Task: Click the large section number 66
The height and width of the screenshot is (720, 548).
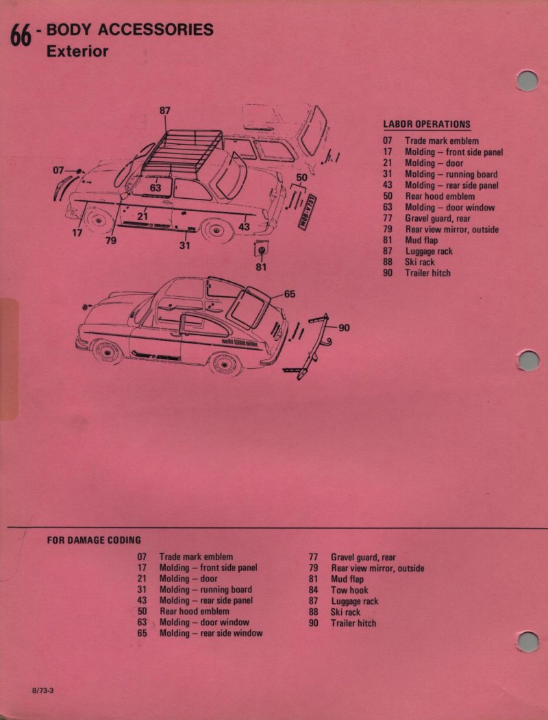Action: pos(21,37)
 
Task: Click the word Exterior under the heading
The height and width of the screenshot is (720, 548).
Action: pos(77,51)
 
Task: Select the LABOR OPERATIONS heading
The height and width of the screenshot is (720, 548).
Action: pos(427,124)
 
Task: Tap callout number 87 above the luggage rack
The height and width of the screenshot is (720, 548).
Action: pos(165,110)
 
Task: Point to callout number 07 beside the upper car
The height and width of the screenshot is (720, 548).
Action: pos(58,170)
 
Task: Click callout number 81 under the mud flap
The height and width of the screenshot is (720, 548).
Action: pos(261,267)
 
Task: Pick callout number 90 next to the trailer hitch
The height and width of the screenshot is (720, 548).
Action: pos(345,327)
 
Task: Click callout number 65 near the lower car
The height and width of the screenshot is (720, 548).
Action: pos(290,294)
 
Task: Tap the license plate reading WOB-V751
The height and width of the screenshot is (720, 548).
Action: pos(308,212)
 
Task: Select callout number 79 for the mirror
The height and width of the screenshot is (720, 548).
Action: pos(111,240)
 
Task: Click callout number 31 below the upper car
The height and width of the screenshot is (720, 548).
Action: pos(184,245)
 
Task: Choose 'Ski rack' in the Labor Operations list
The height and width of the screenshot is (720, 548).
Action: pos(420,262)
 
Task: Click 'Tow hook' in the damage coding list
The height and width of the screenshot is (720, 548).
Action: pos(349,590)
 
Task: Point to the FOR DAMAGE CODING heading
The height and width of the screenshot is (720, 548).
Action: pos(94,540)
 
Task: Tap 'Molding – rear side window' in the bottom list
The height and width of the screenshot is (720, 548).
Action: pos(211,634)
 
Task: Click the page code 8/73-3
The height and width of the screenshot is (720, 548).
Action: pos(42,691)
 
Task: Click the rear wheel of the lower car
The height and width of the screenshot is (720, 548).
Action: pos(225,364)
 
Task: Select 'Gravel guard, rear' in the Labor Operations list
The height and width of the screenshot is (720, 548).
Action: pos(438,219)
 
